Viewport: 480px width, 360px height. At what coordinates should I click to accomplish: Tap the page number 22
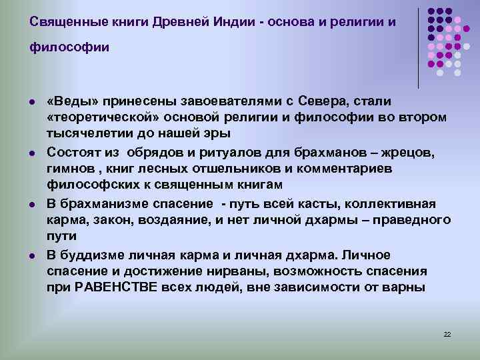coord(447,334)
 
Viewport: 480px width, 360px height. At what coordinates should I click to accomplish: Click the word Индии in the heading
coord(233,21)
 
